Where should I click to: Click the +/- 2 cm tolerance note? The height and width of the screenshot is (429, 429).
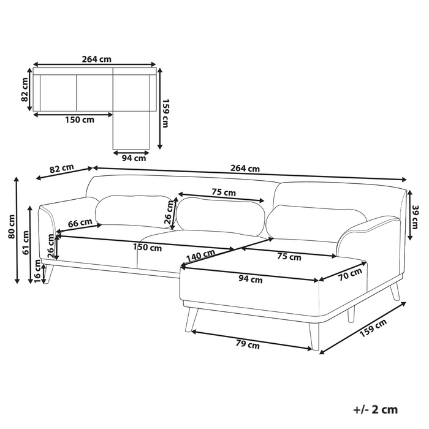coord(375,409)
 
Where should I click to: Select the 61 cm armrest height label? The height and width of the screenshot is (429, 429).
coord(26,243)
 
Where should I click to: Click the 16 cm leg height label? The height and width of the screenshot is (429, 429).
coord(38,271)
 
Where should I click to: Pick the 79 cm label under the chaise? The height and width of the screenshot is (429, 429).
coord(248,344)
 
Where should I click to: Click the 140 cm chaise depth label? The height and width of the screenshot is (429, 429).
coord(200,256)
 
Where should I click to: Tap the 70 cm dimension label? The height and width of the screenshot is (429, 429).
coord(350,274)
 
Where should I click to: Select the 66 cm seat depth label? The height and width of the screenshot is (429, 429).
coord(80,222)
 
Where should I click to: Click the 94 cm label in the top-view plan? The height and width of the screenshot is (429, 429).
coord(134,158)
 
